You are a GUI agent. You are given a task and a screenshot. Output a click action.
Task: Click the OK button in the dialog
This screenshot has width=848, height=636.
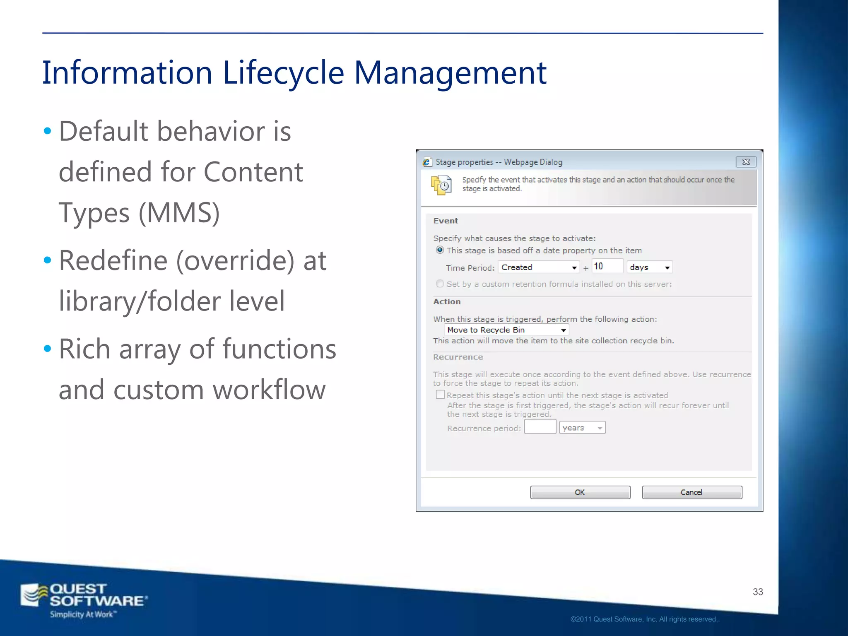(x=580, y=492)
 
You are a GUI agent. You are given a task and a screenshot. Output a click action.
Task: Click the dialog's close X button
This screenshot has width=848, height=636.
(x=746, y=162)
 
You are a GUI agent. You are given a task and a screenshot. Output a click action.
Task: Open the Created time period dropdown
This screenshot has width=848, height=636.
(x=539, y=267)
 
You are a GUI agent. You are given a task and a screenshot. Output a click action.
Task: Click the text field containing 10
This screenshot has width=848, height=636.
(x=607, y=266)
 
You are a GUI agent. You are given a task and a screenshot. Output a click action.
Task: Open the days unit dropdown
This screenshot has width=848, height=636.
(x=649, y=267)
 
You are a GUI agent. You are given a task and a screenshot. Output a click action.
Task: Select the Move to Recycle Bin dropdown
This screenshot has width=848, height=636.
(x=506, y=330)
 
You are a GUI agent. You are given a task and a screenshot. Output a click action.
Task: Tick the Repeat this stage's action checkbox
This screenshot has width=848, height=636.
(x=440, y=395)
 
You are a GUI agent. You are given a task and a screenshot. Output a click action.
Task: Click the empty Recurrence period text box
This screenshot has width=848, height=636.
(x=540, y=427)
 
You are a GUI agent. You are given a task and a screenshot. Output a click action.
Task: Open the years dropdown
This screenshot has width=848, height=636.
(x=582, y=428)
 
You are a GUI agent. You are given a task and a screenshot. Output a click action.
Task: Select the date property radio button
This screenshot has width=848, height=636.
(x=440, y=250)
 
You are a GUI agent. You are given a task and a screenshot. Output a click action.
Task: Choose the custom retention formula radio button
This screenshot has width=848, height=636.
(x=440, y=284)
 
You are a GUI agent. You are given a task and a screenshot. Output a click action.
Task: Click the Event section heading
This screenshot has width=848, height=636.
(x=446, y=221)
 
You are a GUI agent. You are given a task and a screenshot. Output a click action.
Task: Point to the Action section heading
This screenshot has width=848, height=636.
(x=447, y=301)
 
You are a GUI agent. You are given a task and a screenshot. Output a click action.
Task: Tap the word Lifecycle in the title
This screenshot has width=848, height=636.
(x=283, y=73)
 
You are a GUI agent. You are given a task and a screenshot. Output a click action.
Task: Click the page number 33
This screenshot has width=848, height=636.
(x=758, y=592)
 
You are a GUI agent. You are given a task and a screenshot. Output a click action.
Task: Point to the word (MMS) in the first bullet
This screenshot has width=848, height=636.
(x=179, y=213)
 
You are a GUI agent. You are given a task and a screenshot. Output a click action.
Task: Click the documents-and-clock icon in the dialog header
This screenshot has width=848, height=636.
(x=441, y=185)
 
